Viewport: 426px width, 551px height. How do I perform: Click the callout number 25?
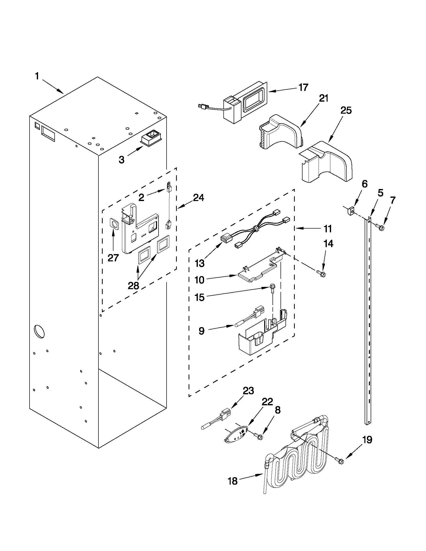(x=346, y=110)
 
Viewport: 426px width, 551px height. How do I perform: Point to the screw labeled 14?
(x=321, y=272)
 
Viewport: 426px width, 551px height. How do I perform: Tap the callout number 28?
(x=133, y=286)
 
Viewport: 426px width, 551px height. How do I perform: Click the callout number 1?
(x=37, y=76)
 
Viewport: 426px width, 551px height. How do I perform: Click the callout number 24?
(x=198, y=198)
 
